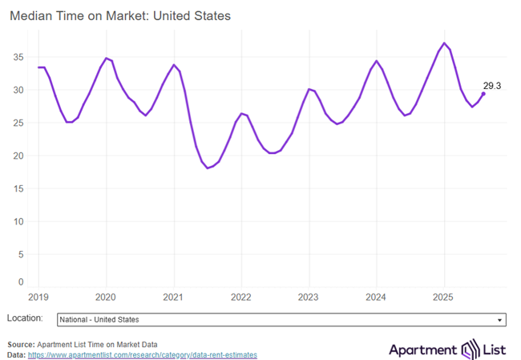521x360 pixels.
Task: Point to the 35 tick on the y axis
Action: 22,57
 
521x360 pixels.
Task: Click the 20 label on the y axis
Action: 22,156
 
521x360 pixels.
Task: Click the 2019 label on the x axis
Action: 39,296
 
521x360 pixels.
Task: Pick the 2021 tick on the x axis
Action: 174,296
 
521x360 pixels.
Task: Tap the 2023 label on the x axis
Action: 309,296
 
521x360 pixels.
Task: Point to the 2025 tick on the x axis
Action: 444,296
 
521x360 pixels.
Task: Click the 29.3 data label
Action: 491,85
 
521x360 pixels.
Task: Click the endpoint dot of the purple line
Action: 483,94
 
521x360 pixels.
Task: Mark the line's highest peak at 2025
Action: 444,43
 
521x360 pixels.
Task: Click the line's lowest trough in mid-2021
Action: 208,168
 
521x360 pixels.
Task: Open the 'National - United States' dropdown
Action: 281,319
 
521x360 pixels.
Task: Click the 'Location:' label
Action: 26,318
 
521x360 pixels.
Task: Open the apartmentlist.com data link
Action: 143,354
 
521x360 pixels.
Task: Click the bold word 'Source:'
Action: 22,343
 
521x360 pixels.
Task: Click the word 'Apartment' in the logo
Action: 422,350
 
